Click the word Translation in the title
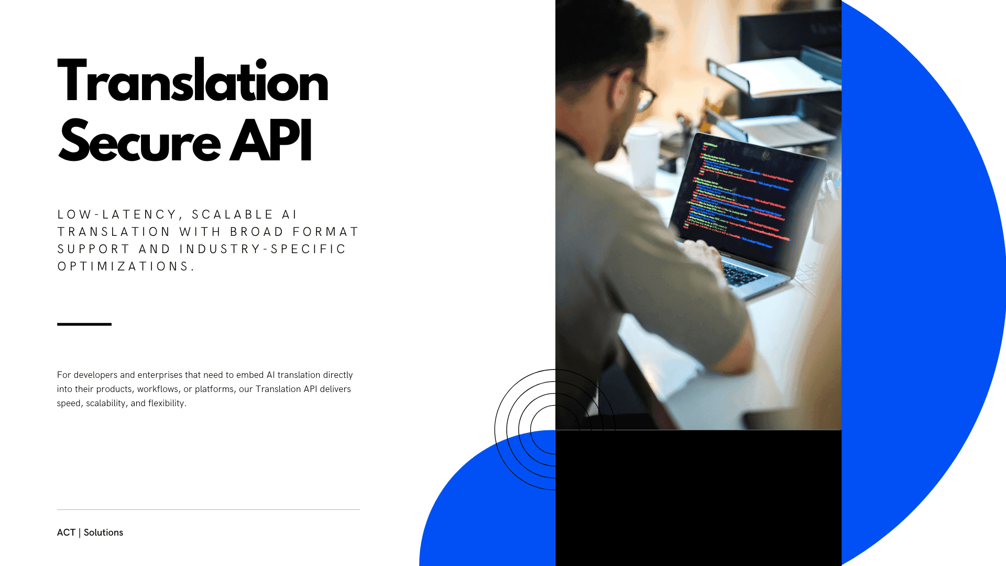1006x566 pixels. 192,82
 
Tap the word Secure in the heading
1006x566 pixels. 139,142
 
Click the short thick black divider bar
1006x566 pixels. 84,324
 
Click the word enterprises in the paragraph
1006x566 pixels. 160,375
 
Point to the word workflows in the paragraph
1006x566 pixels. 158,389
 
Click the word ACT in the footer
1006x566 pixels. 66,532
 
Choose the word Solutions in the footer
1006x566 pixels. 103,532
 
